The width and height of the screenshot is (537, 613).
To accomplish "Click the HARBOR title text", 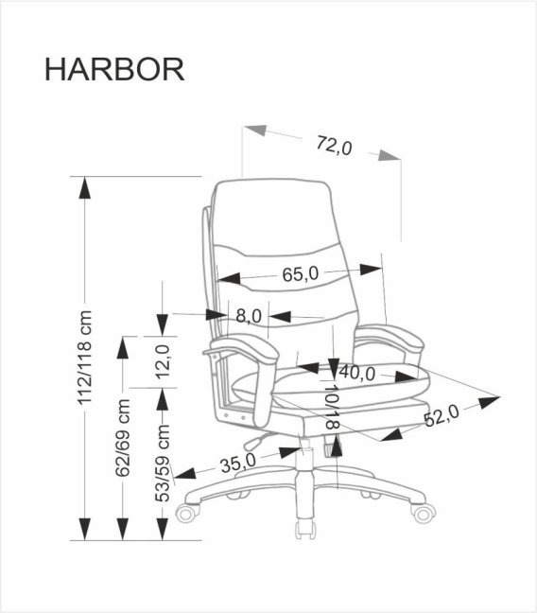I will click(x=114, y=71).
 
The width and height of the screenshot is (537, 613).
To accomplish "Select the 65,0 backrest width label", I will click(x=301, y=274).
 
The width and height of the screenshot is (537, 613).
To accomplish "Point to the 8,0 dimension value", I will click(x=249, y=316).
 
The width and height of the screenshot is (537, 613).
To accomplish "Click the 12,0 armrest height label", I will click(x=164, y=361).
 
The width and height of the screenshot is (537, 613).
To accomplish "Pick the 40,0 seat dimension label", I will click(x=357, y=374).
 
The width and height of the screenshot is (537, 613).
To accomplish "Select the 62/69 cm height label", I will click(x=122, y=439).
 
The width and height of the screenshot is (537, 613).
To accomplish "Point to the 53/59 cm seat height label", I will click(x=164, y=464).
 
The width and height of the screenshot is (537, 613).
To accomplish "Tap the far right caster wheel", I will click(x=424, y=513).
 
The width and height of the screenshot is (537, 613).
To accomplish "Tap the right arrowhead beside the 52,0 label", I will click(x=489, y=402).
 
